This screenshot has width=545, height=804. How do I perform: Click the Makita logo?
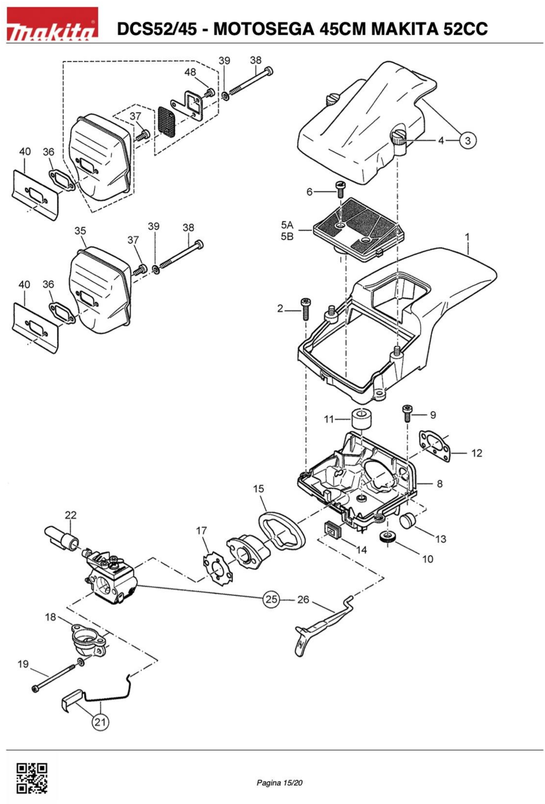53,24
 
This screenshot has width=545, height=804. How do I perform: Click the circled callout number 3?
467,140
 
